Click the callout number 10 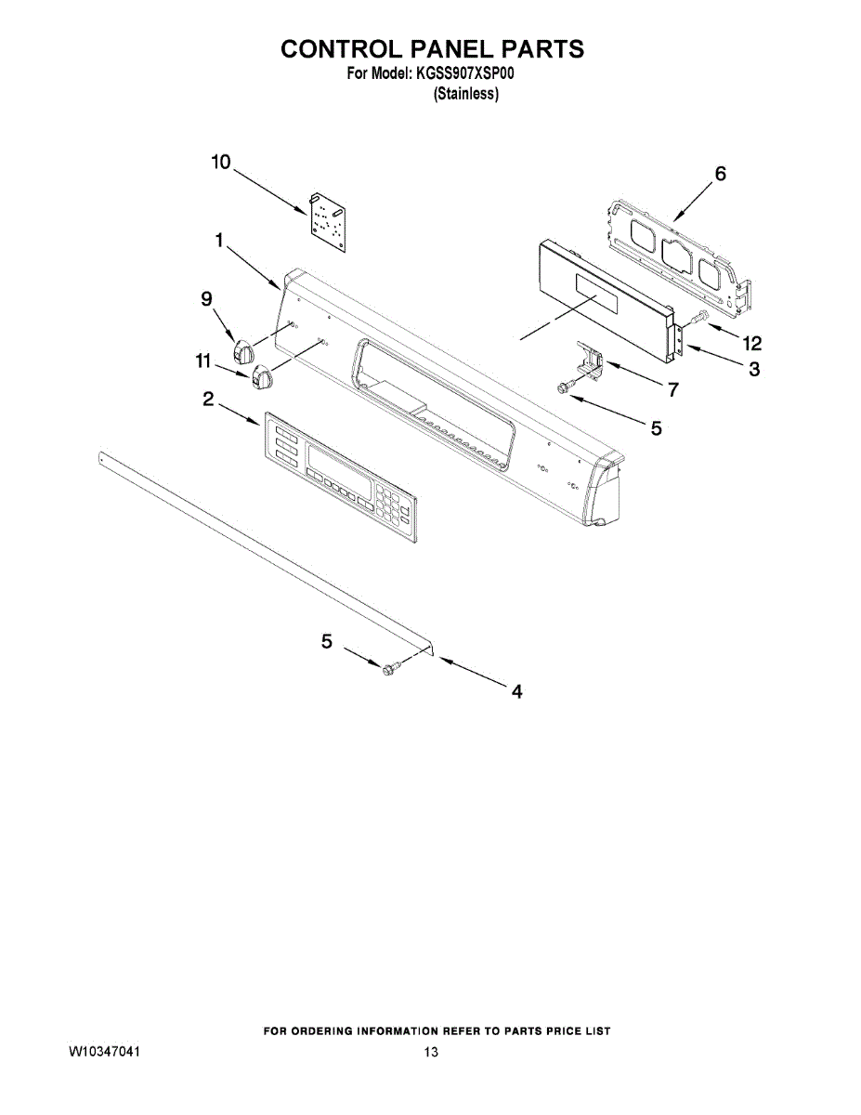(x=220, y=163)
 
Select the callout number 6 (x=720, y=174)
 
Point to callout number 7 (x=673, y=390)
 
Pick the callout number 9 (x=206, y=298)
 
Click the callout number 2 (x=209, y=400)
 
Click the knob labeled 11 (x=261, y=376)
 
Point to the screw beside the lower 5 (x=390, y=665)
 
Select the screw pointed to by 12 (x=701, y=319)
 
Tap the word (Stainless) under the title (x=466, y=94)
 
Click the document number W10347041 (x=104, y=1052)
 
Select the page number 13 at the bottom (x=430, y=1052)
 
